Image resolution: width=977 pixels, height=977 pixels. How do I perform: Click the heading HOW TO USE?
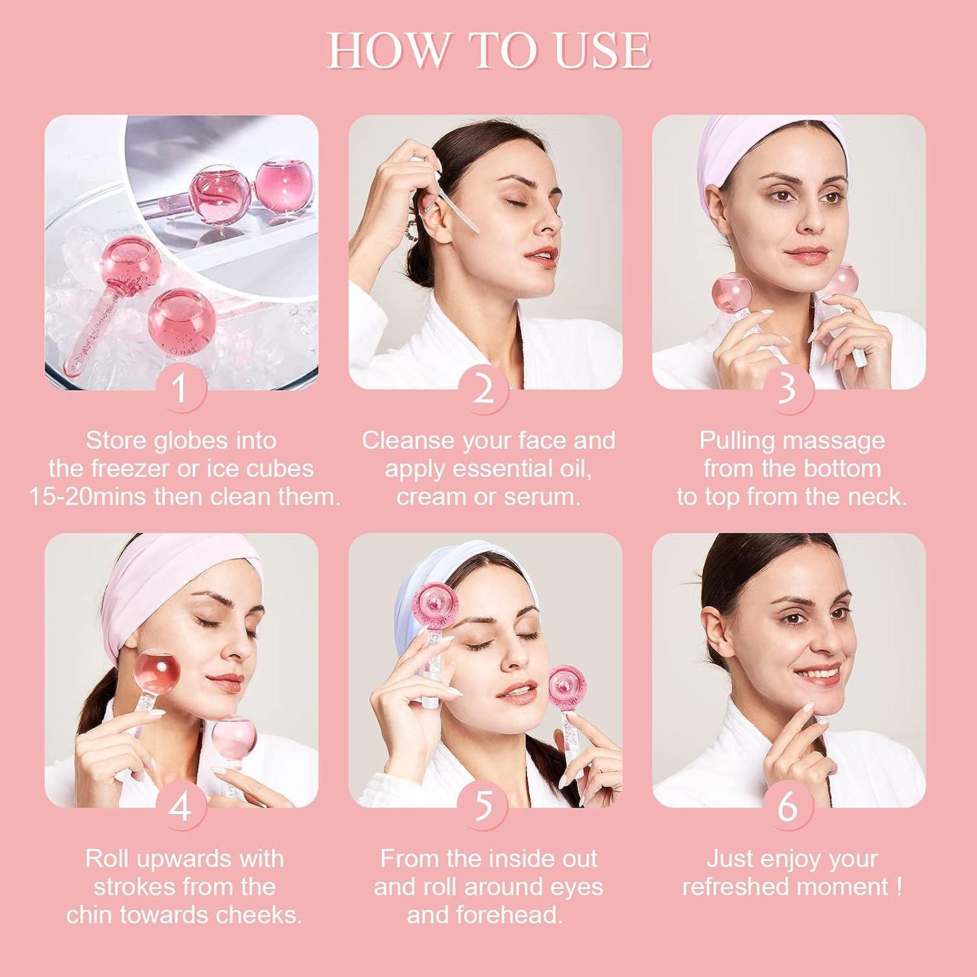[488, 50]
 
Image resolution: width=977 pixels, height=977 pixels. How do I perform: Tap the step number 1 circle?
[180, 388]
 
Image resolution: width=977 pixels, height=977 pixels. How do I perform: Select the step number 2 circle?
[484, 388]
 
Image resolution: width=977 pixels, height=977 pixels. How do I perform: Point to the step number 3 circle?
[787, 388]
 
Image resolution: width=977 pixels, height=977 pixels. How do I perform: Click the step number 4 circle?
[180, 806]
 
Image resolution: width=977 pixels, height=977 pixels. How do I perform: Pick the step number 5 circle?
[484, 806]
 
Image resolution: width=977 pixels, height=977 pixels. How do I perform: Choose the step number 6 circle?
[787, 806]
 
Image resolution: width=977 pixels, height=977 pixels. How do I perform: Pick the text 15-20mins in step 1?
[88, 497]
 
